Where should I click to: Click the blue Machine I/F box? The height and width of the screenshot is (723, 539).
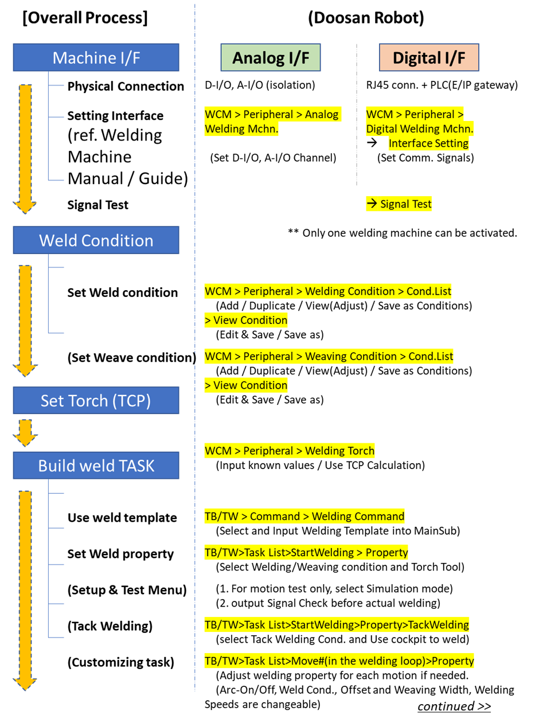tap(96, 57)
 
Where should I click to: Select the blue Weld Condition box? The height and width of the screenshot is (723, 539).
tap(96, 240)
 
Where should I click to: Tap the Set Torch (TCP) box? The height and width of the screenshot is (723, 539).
tap(96, 400)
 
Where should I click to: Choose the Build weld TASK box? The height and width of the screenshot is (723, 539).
tap(96, 465)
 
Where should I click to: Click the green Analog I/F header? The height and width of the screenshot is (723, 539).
tap(270, 58)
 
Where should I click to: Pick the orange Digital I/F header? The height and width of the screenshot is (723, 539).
tap(428, 58)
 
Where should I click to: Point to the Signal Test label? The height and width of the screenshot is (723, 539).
tap(399, 204)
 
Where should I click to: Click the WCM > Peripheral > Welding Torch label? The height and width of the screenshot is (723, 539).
tap(290, 451)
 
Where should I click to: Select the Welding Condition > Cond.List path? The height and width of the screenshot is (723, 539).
tap(328, 291)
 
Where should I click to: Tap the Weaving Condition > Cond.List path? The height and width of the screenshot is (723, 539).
tap(329, 356)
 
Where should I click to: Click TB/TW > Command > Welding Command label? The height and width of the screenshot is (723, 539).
tap(304, 516)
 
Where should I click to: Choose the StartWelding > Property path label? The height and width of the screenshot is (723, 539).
tap(306, 553)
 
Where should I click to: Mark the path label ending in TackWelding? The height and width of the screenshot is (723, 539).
tap(337, 624)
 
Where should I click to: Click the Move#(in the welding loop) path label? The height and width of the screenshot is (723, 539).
tap(339, 661)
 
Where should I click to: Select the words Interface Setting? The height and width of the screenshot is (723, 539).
tap(428, 143)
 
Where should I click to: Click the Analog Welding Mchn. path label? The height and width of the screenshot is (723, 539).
tap(272, 121)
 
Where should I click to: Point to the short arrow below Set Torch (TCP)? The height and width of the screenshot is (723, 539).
tap(25, 433)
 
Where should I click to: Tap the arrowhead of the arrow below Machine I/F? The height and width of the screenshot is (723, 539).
tap(25, 208)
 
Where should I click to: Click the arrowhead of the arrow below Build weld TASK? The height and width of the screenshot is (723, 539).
tap(25, 683)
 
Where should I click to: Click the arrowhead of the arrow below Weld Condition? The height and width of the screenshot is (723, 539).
tap(25, 370)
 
